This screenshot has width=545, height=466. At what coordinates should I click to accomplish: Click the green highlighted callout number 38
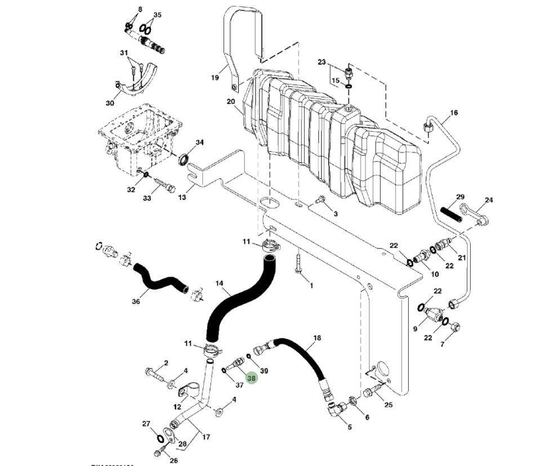coord(252,379)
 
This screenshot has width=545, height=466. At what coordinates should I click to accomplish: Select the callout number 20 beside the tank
coord(231,102)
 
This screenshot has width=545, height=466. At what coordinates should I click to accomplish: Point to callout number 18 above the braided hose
coord(317,338)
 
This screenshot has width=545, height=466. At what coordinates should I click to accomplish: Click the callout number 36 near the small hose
coord(136,301)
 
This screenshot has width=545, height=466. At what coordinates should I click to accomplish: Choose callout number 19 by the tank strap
coord(215,78)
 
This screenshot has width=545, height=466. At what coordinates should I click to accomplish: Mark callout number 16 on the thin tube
coord(454,113)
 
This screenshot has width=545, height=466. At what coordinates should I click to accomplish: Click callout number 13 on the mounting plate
coord(182,197)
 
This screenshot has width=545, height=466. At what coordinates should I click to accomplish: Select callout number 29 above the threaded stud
coord(460,197)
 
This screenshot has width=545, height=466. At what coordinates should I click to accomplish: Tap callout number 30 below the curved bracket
coord(110,103)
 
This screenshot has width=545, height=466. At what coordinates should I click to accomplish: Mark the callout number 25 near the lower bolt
coord(388,405)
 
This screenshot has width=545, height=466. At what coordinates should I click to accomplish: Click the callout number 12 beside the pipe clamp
coord(177,407)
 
